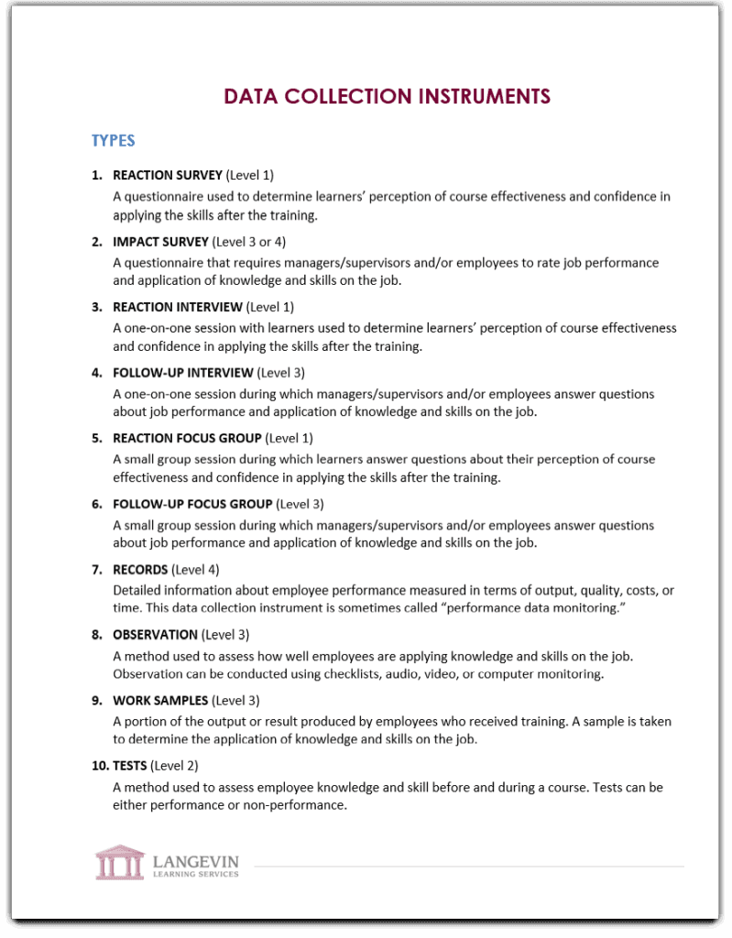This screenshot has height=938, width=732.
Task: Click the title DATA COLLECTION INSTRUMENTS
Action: coord(387,96)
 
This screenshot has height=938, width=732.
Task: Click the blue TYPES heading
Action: coord(113,140)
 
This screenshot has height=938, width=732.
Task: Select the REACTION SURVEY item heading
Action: coord(167,175)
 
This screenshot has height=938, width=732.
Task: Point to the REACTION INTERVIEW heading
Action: coord(178,307)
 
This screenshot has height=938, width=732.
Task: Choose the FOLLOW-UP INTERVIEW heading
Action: coord(182,373)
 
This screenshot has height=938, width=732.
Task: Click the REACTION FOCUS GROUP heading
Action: coord(187,438)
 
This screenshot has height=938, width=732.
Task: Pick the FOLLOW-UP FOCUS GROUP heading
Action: coord(192,504)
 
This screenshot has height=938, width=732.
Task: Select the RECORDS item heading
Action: coord(140,570)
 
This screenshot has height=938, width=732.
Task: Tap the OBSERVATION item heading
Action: coord(155,635)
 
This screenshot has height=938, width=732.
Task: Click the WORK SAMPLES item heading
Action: coord(160,701)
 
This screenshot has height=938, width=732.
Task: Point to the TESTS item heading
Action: coord(132,766)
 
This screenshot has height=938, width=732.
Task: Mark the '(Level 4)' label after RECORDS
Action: coord(195,570)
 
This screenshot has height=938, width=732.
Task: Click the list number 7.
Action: coord(96,570)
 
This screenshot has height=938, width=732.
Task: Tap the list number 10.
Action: coord(99,766)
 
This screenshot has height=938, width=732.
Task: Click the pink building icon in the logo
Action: coord(119,862)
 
